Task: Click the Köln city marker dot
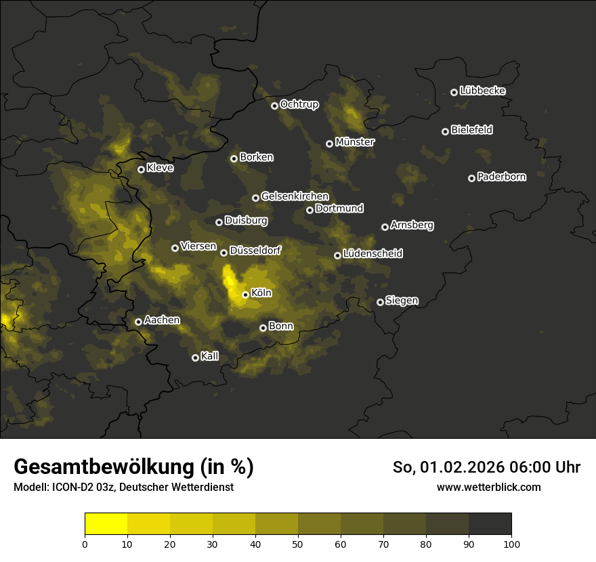tap(245, 295)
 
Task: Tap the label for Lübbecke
tap(482, 91)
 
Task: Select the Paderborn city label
tap(501, 177)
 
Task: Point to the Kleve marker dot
tap(141, 169)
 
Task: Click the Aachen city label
tap(162, 320)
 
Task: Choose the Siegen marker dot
tap(380, 302)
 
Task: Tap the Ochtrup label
tap(299, 104)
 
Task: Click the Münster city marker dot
tap(329, 144)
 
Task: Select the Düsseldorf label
tap(255, 251)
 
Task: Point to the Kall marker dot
tap(195, 358)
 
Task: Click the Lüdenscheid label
tap(372, 254)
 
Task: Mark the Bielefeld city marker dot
tap(445, 131)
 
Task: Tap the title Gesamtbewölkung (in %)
tap(133, 467)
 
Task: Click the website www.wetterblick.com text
tap(488, 487)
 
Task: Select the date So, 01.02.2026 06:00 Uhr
tap(486, 467)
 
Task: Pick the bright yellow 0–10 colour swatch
tap(106, 523)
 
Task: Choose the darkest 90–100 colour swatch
tap(490, 523)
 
